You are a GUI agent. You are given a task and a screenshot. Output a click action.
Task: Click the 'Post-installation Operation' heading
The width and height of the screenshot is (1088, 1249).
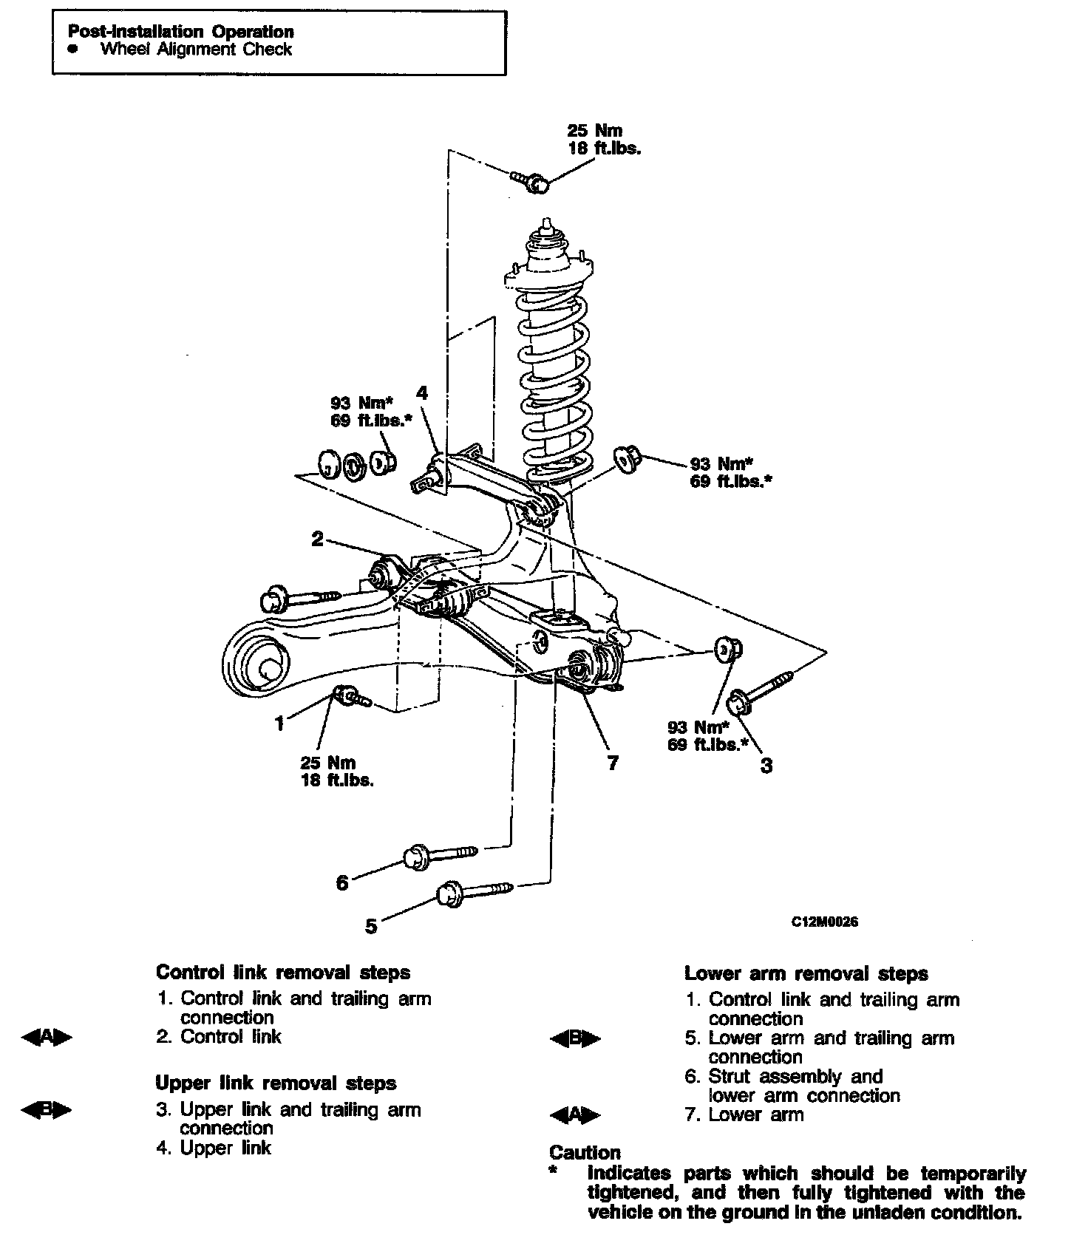[x=180, y=32]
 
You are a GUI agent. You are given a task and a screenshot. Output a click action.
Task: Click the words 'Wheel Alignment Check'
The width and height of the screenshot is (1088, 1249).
[x=196, y=50]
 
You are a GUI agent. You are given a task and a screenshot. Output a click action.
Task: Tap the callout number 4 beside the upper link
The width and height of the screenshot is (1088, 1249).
[x=422, y=392]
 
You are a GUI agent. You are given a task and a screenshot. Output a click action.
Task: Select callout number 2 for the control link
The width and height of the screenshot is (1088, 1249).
[x=317, y=539]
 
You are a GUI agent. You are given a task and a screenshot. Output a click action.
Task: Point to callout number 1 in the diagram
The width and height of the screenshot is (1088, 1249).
[x=279, y=724]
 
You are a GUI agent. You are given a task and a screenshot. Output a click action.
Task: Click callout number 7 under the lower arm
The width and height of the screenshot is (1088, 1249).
[x=613, y=762]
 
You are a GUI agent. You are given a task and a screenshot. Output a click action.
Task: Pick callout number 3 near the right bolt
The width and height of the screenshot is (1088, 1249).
[x=766, y=766]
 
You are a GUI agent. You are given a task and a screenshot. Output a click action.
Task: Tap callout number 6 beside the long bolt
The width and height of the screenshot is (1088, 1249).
[x=342, y=882]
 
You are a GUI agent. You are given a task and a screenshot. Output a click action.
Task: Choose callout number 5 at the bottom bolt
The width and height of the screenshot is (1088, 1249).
[x=372, y=925]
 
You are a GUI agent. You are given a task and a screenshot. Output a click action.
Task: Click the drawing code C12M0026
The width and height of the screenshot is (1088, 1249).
[x=825, y=922]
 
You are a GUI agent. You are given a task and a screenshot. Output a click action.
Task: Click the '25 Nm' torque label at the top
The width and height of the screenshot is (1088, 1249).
[x=594, y=131]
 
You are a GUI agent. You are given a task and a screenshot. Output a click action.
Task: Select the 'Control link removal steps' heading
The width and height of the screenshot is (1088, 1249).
[x=283, y=973]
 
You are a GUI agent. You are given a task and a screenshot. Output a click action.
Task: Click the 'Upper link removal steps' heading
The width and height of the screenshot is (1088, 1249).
[x=276, y=1083]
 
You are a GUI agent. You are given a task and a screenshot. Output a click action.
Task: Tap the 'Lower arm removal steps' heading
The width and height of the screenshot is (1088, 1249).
[x=806, y=973]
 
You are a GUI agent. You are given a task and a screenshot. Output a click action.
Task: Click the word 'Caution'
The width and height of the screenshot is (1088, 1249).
[x=585, y=1152]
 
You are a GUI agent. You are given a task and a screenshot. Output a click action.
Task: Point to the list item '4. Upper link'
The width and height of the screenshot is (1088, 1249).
[x=214, y=1148]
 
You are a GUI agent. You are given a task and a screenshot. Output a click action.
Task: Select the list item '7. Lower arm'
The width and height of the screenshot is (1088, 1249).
[x=744, y=1114]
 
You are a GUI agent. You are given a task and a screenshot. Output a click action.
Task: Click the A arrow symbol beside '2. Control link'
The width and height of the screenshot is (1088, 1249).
[x=47, y=1038]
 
